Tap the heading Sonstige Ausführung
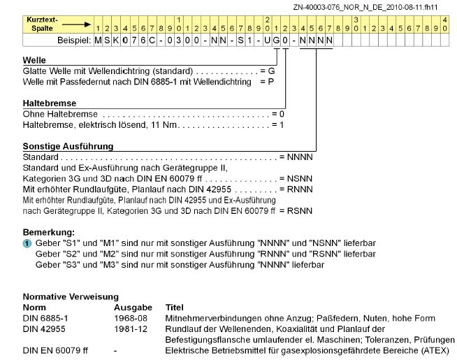coord(68,146)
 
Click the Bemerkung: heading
coord(49,231)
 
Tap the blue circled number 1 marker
coord(27,243)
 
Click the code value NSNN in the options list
coord(299,179)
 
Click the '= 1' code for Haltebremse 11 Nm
coord(277,124)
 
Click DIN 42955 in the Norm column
coord(43,329)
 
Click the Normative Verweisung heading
coord(71,296)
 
